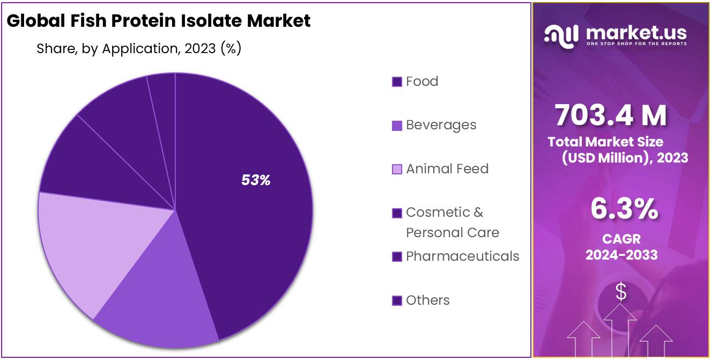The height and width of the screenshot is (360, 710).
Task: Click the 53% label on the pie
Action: click(x=256, y=180)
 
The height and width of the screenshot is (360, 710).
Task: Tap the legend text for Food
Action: click(x=422, y=82)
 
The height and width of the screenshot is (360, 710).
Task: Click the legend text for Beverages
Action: click(x=441, y=125)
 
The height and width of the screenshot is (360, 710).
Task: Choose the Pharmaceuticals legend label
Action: click(x=462, y=256)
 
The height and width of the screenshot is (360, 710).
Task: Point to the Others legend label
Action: click(x=427, y=300)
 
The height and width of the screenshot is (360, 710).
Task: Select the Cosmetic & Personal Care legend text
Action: click(x=452, y=222)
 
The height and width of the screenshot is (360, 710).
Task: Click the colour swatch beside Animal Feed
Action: click(x=397, y=170)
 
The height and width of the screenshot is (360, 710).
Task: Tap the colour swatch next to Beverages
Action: click(x=397, y=126)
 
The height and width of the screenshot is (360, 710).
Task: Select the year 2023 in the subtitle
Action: click(x=201, y=49)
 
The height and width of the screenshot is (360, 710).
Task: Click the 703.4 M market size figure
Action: click(x=610, y=115)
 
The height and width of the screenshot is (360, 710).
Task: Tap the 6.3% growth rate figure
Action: click(x=624, y=209)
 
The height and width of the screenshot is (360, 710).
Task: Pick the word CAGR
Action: click(x=621, y=239)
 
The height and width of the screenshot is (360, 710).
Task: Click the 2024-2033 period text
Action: click(x=621, y=255)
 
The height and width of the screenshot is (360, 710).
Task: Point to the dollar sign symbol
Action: click(x=620, y=292)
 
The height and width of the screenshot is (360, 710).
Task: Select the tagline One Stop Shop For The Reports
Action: click(x=637, y=43)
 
